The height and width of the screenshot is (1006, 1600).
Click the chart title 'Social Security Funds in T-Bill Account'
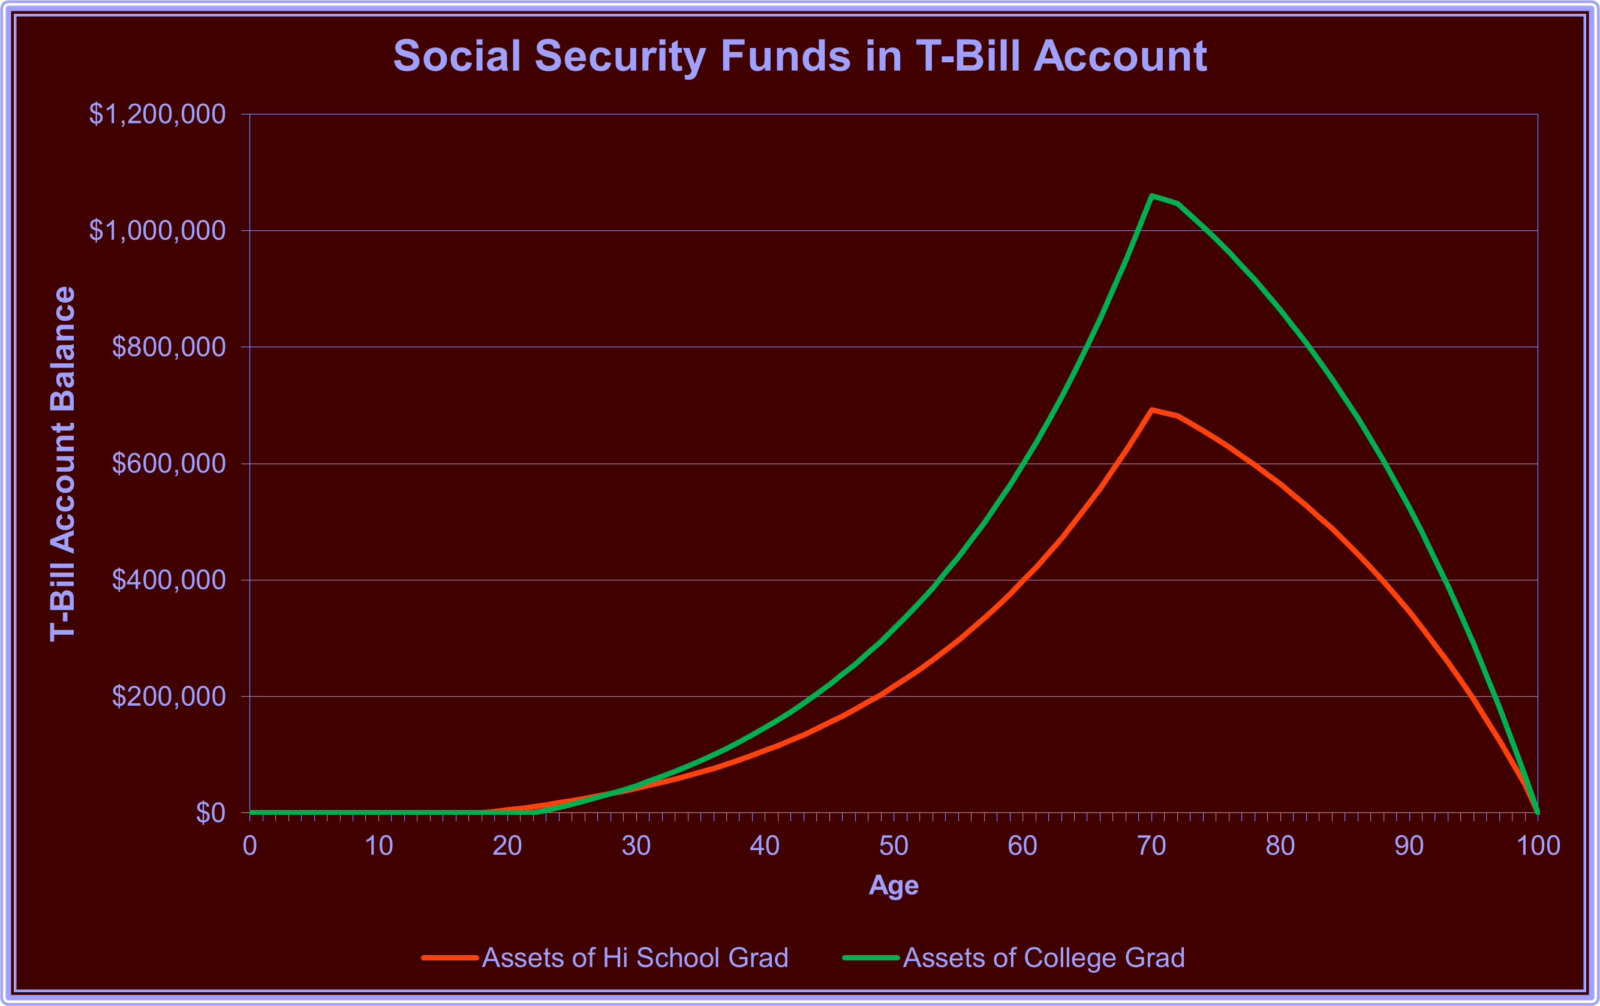tap(799, 56)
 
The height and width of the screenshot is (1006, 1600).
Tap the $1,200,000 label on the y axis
tap(158, 115)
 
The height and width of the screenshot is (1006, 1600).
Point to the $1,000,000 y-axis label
tap(158, 231)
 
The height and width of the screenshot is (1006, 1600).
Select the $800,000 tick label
tap(169, 347)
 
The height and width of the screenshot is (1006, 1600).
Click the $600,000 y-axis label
tap(169, 464)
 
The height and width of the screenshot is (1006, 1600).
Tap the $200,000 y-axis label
tap(169, 697)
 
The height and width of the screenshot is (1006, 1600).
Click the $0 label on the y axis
tap(210, 812)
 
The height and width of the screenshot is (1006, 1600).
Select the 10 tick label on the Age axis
tap(379, 846)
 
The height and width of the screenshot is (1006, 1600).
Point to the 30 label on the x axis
tap(636, 846)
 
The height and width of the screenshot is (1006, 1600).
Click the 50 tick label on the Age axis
tap(894, 846)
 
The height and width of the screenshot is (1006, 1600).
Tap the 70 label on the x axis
tap(1151, 846)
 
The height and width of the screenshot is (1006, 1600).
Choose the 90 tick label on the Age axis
tap(1409, 846)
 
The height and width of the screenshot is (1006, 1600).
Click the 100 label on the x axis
tap(1538, 846)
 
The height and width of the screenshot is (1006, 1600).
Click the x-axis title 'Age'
tap(894, 885)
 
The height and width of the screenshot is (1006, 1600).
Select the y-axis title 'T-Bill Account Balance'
tap(63, 464)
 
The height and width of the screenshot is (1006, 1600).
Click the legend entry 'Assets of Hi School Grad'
tap(634, 957)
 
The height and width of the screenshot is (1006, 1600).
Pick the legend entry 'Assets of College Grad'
tap(1043, 957)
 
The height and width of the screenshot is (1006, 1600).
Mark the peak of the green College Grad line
tap(1151, 195)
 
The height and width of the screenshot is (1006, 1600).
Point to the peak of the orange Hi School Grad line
tap(1151, 410)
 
